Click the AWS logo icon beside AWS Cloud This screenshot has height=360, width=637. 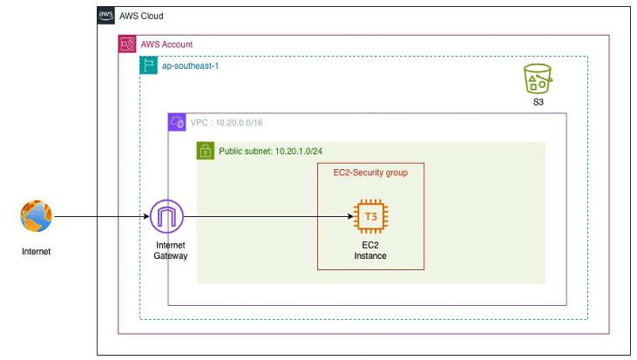[105, 16]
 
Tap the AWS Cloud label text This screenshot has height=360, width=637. [140, 17]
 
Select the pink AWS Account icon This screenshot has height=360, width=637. [127, 44]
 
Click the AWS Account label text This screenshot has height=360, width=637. [166, 44]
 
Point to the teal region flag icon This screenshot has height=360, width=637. [149, 66]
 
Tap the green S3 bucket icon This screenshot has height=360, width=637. [538, 79]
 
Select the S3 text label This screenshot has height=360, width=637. [538, 102]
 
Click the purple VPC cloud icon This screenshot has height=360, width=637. [177, 123]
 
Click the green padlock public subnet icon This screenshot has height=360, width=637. [206, 151]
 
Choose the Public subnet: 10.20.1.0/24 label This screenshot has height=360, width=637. [271, 151]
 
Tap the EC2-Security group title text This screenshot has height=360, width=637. [370, 173]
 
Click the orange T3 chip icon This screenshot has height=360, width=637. [370, 217]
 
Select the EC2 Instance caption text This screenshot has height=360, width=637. [370, 250]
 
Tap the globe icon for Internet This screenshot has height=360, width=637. [37, 217]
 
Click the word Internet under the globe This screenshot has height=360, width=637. [37, 252]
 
